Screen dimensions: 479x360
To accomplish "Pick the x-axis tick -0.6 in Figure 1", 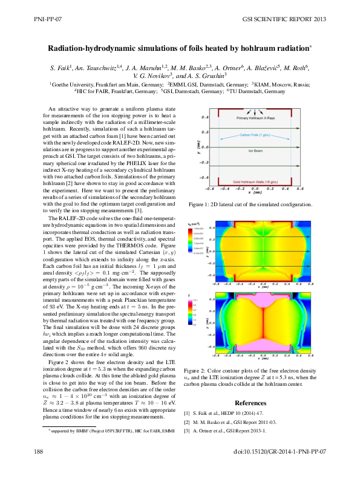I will click(209, 188).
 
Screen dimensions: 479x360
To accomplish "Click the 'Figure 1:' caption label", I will click(200, 205).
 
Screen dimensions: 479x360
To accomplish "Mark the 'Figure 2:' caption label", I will click(195, 370).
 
